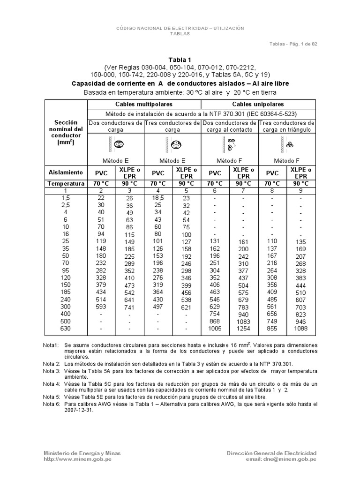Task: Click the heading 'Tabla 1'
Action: pyautogui.click(x=180, y=60)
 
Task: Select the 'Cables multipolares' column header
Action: pyautogui.click(x=144, y=104)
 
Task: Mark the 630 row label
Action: pyautogui.click(x=66, y=330)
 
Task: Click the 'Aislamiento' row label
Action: pyautogui.click(x=66, y=172)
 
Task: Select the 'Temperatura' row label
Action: pyautogui.click(x=66, y=184)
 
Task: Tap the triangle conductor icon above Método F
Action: pyautogui.click(x=290, y=145)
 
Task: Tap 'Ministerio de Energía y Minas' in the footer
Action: pyautogui.click(x=82, y=453)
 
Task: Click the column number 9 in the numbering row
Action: pyautogui.click(x=301, y=191)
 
